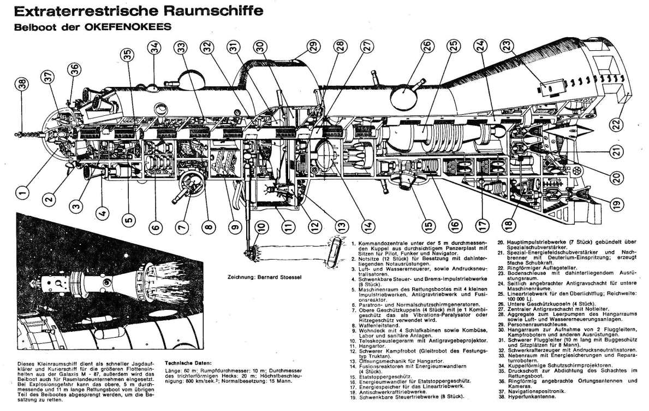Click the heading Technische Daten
coord(188,362)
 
